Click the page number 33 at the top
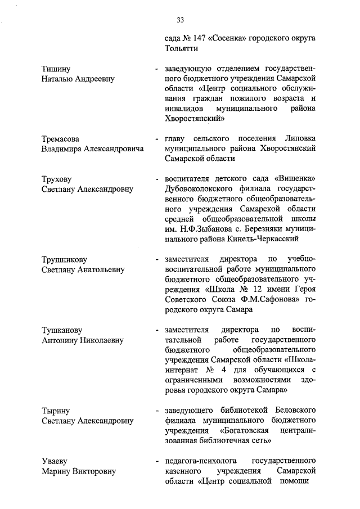[180, 20]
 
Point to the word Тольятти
[179, 49]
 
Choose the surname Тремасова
[61, 139]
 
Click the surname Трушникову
[64, 260]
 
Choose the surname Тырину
[56, 411]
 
